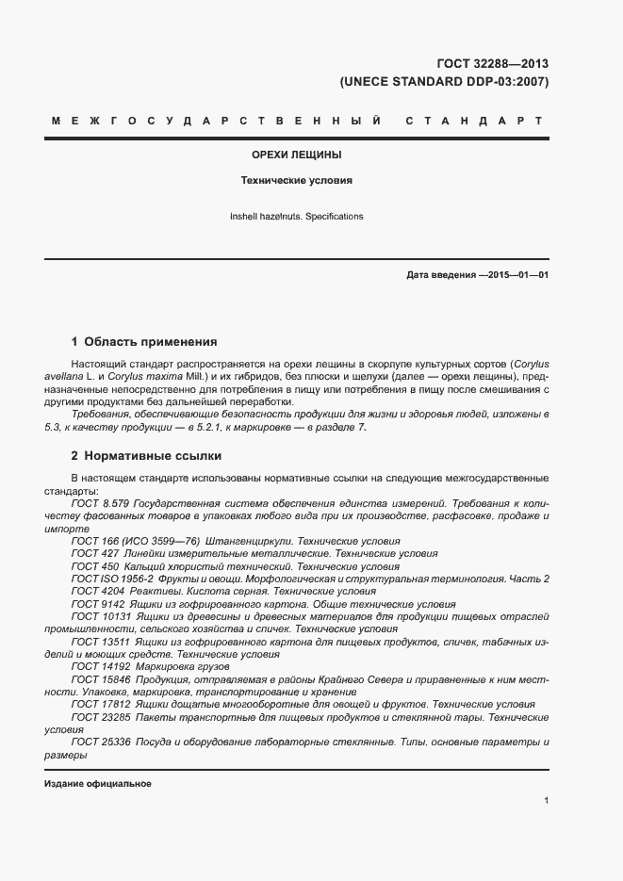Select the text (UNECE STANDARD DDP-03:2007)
[x=443, y=82]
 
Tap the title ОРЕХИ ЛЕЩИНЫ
[x=296, y=154]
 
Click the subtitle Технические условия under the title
[x=296, y=179]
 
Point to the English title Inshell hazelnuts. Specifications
[x=296, y=217]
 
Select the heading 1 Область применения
[x=144, y=342]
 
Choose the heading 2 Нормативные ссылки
[x=146, y=456]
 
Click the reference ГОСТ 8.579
[x=100, y=504]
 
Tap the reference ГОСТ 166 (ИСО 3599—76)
[x=135, y=542]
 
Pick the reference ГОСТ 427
[x=92, y=554]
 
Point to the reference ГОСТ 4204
[x=95, y=591]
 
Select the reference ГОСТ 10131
[x=99, y=616]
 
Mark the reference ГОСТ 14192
[x=99, y=666]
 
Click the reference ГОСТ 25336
[x=99, y=742]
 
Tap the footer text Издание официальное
[x=98, y=784]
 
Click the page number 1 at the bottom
[x=547, y=801]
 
